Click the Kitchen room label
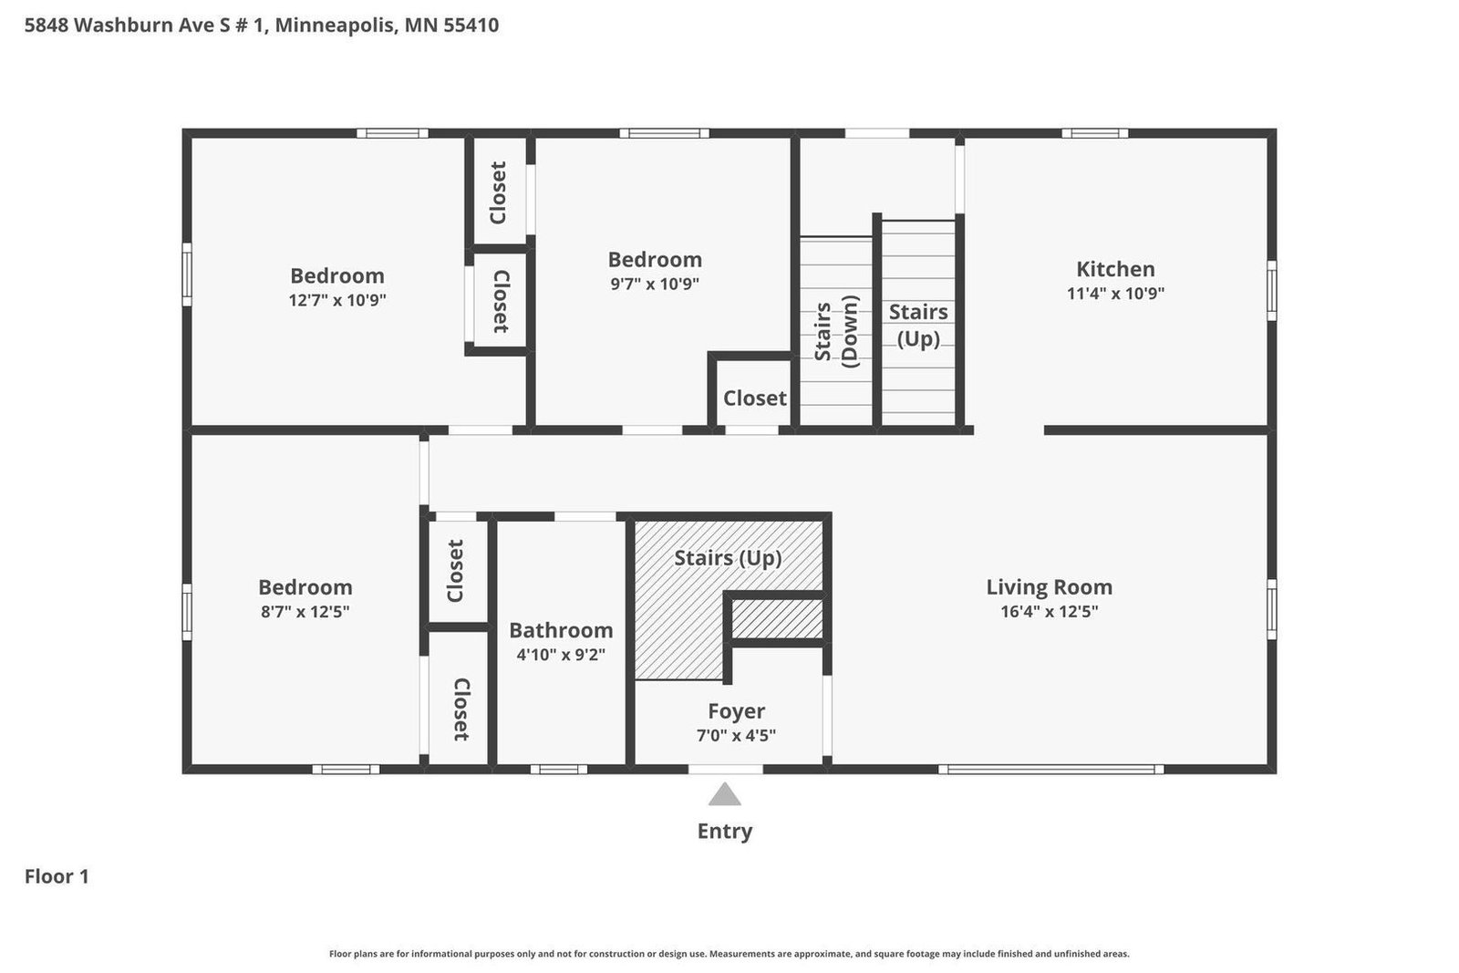coord(1115,269)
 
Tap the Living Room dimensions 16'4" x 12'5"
coord(1049,612)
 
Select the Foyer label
coord(736,711)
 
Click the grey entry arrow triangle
coord(725,795)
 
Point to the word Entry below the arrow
coord(725,831)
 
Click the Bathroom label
coord(560,630)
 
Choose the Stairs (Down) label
coord(836,331)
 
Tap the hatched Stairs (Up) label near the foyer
coord(728,557)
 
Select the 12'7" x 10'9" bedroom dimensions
coord(337,300)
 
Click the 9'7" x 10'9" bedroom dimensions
coord(655,284)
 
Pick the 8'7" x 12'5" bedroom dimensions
coord(305,612)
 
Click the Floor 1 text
coord(57,876)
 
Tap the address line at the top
coord(262,25)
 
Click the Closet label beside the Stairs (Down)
coord(754,399)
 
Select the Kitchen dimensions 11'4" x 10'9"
coord(1115,294)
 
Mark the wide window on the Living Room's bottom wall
coord(1050,770)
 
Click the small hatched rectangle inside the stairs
coord(778,619)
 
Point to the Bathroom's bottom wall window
coord(559,770)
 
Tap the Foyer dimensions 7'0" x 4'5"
coord(736,735)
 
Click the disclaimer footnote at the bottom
coord(729,954)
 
